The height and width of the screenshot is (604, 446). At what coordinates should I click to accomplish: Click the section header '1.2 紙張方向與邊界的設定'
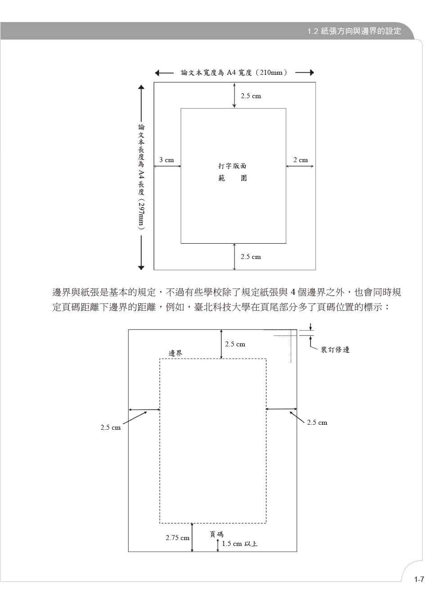[x=354, y=31]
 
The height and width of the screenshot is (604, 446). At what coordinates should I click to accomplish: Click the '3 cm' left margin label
[x=167, y=160]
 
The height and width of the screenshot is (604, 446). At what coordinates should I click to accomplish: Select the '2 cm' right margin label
[x=301, y=160]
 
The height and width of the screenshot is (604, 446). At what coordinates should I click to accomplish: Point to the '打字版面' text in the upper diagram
[x=232, y=166]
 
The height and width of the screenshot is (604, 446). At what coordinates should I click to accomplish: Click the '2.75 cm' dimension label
[x=177, y=537]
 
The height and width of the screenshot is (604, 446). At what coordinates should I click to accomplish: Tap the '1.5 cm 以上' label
[x=239, y=544]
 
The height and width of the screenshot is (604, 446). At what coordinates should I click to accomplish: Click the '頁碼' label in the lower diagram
[x=216, y=534]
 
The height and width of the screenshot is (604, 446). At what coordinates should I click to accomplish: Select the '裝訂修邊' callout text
[x=335, y=350]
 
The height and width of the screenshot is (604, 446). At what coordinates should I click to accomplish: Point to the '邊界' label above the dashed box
[x=176, y=353]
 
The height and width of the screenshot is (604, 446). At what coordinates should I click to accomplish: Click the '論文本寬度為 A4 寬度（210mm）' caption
[x=234, y=73]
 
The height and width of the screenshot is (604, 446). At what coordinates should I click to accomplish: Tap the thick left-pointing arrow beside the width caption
[x=164, y=73]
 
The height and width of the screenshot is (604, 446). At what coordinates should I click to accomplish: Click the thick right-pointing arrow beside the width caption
[x=305, y=73]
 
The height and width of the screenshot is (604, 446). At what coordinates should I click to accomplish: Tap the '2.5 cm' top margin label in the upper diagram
[x=251, y=96]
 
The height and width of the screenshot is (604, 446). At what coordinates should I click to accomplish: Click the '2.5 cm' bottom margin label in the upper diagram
[x=251, y=257]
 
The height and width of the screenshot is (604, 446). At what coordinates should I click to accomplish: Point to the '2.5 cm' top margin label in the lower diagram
[x=235, y=344]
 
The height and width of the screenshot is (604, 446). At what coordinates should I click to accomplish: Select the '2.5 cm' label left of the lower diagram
[x=110, y=427]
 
